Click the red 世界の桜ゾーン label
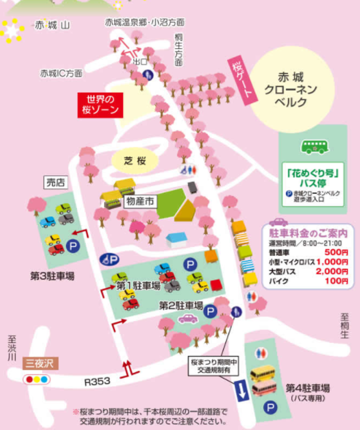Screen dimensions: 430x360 [x=101, y=104]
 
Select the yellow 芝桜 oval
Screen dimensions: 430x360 [x=135, y=160]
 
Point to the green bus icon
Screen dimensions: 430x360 [x=312, y=147]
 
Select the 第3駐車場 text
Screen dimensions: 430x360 [x=52, y=276]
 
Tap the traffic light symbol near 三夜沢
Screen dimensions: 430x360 [x=37, y=380]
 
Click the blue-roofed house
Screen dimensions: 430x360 [x=177, y=239]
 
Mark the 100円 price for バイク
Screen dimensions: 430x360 [x=337, y=281]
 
